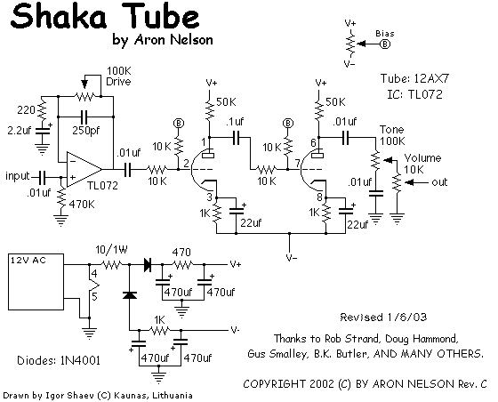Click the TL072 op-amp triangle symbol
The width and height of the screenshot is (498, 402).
(x=84, y=169)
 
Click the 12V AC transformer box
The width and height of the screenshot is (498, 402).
(x=36, y=282)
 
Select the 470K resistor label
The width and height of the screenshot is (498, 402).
(x=82, y=205)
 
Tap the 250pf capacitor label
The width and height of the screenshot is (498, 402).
(x=85, y=131)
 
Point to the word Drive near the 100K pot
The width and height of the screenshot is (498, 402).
(x=118, y=82)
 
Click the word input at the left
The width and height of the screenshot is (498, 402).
(x=18, y=176)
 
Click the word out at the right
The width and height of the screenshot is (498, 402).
(x=439, y=182)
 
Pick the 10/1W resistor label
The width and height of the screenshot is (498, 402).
(x=111, y=250)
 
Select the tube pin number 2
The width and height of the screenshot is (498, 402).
(x=186, y=164)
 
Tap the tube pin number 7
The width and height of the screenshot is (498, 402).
(x=297, y=164)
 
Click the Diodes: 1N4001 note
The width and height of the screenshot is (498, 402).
(x=59, y=360)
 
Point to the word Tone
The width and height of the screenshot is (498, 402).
(x=392, y=130)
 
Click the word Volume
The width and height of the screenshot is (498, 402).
(x=422, y=157)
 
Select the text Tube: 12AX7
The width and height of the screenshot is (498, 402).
(x=415, y=78)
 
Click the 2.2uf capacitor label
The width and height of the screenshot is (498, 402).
(x=19, y=131)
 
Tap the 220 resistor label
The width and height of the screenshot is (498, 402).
(x=26, y=110)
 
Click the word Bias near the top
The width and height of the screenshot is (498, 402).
(x=385, y=33)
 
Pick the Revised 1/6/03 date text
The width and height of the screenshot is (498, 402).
(x=383, y=317)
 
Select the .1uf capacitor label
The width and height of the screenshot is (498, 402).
(x=235, y=122)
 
